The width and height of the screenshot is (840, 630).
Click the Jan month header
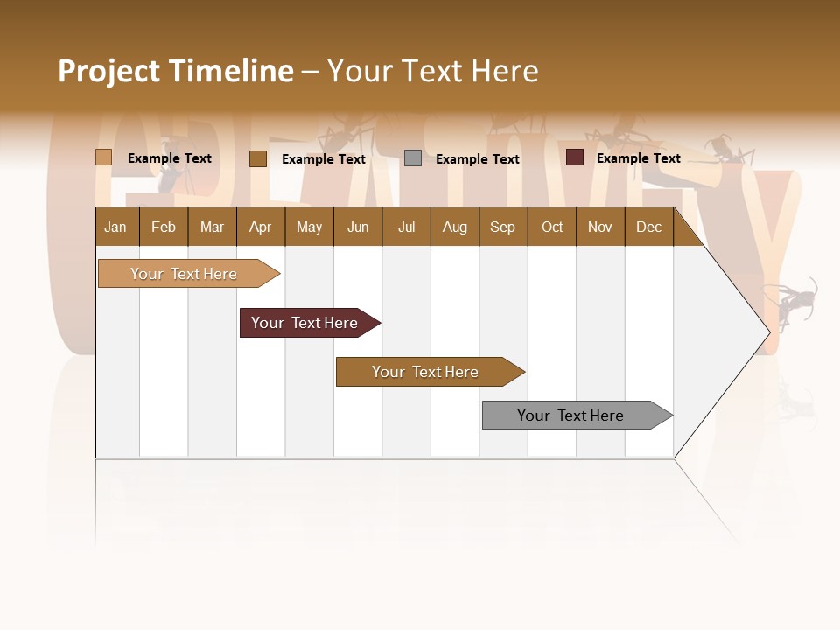pos(115,227)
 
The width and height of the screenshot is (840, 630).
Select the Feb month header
pos(164,227)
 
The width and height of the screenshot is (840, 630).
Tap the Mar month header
pos(212,227)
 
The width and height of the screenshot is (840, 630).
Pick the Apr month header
pos(260,227)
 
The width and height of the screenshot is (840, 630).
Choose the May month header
pos(309,227)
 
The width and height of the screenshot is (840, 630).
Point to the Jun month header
pos(358,227)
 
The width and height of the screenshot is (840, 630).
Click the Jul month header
pos(406,227)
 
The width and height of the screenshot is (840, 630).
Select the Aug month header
pos(454,227)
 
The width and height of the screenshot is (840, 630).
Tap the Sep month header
pos(502,227)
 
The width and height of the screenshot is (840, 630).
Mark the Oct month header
pos(552,227)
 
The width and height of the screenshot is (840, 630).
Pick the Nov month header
pos(600,227)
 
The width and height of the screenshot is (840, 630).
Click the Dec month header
pos(648,227)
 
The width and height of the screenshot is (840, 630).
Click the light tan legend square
pos(103,157)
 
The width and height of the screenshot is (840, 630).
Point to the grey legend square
pos(413,158)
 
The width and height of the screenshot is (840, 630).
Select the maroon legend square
pos(574,157)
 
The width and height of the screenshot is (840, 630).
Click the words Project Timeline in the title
pos(176,71)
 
